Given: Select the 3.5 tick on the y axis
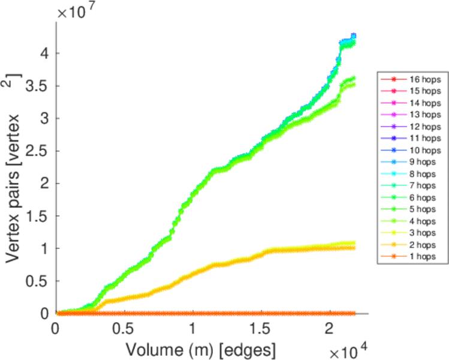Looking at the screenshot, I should coord(37,86).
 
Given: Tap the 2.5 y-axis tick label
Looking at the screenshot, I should coord(37,151).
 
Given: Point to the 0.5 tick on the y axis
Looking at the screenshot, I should coord(37,281).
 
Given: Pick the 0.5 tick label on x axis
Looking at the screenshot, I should coord(124,328).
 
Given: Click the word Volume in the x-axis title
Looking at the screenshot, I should coord(153,347).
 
